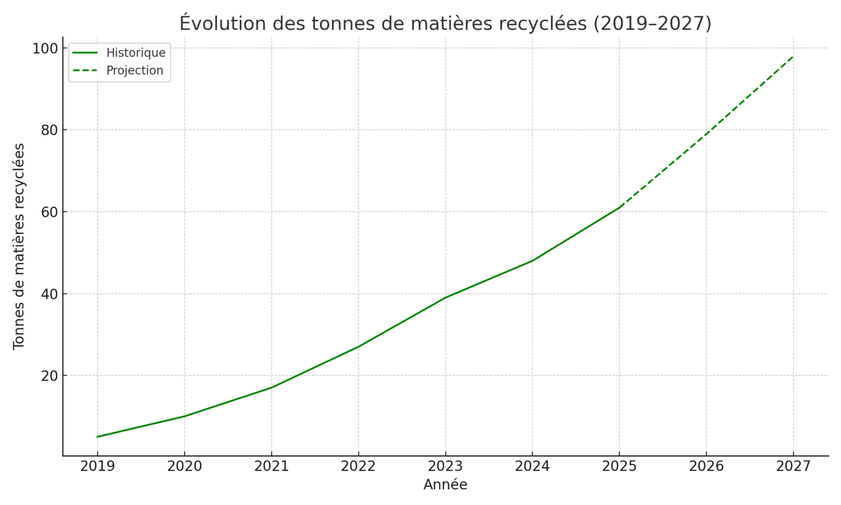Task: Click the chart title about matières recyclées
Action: point(445,24)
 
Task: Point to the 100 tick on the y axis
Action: point(45,48)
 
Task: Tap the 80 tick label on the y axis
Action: point(48,130)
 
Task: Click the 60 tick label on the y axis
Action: point(48,212)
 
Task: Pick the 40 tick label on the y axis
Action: point(48,294)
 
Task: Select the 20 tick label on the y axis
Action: point(48,376)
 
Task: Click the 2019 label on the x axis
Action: point(97,466)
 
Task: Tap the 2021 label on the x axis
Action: point(271,466)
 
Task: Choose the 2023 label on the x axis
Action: point(445,466)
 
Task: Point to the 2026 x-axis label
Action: point(706,466)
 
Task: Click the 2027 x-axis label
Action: point(793,466)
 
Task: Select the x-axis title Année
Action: point(445,484)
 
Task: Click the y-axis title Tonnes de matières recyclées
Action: point(19,246)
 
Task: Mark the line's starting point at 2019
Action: point(97,437)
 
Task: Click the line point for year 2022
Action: point(358,347)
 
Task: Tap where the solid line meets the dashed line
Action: point(619,207)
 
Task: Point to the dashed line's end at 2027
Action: point(793,56)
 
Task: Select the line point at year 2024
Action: point(532,260)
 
